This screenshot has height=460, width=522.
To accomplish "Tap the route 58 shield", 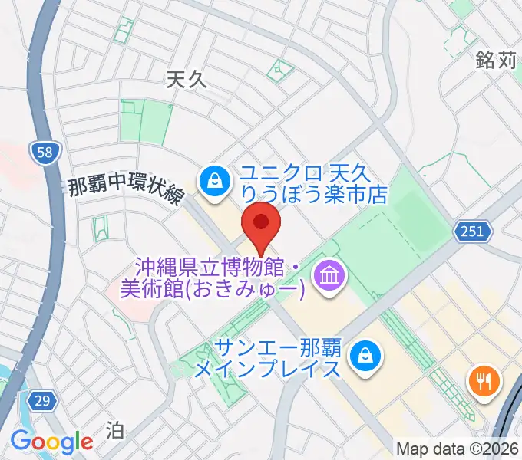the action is click(45, 153).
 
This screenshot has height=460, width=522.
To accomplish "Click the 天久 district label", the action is click(187, 77).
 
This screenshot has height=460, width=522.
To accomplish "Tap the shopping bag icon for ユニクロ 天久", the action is click(211, 181).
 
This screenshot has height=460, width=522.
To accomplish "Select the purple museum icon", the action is click(329, 275).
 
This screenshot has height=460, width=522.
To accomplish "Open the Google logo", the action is click(51, 442).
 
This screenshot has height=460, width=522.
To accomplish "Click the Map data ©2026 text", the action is click(458, 449).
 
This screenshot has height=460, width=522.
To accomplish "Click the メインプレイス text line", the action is click(266, 369).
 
